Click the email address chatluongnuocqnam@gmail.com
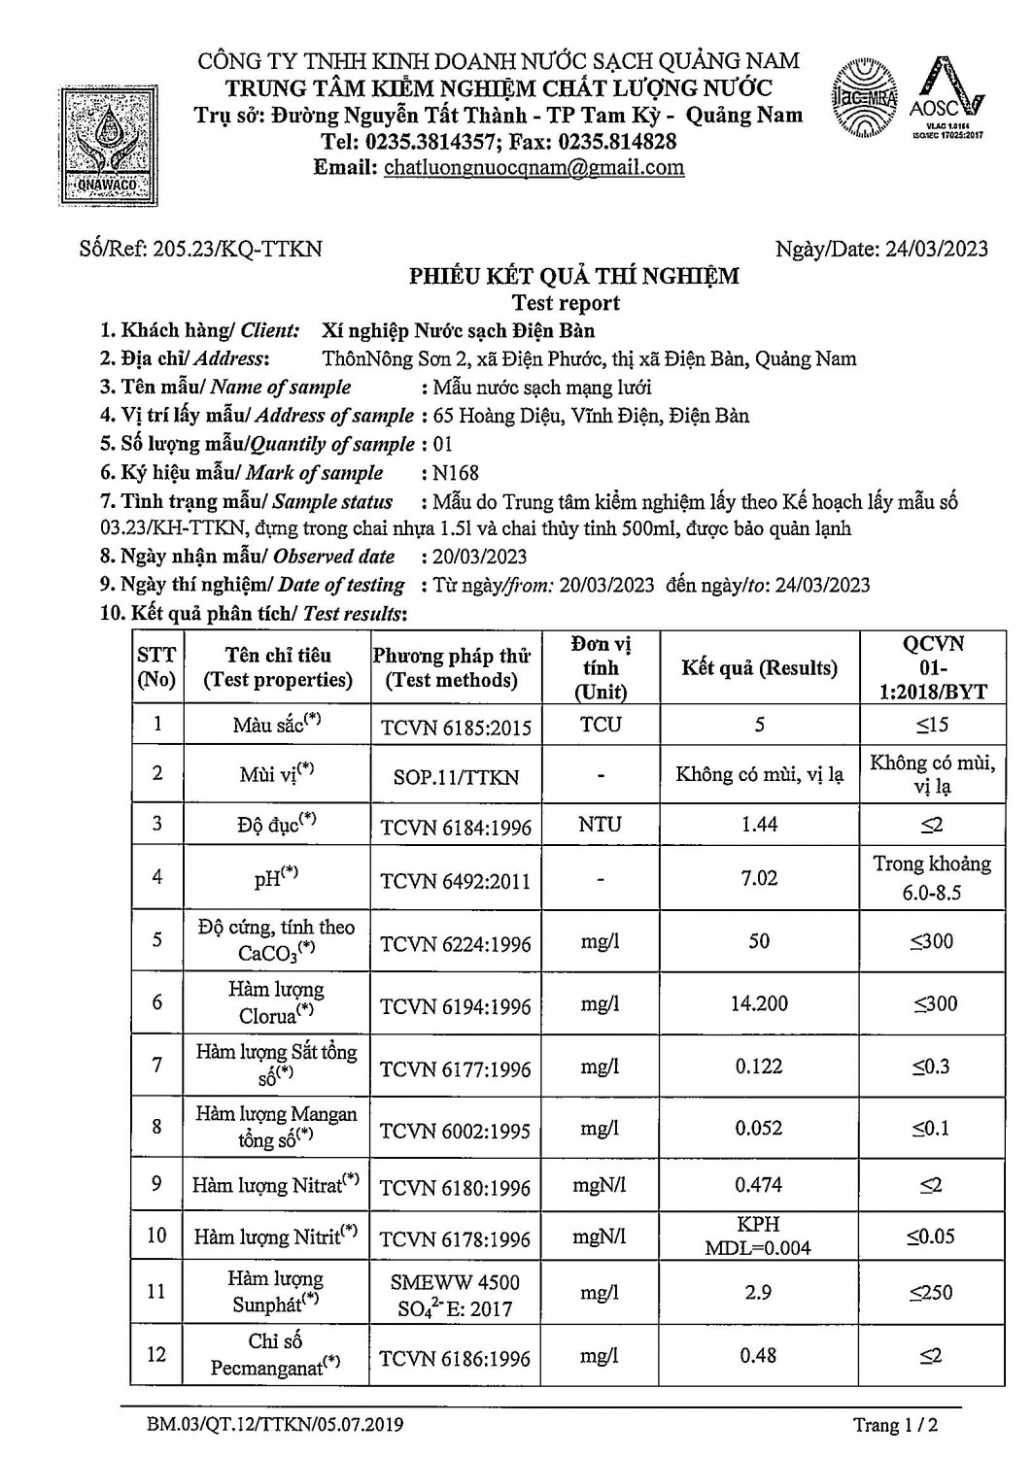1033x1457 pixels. (x=534, y=167)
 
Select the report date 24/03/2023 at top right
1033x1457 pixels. (x=936, y=249)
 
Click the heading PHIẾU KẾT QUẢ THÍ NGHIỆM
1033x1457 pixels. (x=573, y=276)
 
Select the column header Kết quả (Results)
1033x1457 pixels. (x=759, y=668)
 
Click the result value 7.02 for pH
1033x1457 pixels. (x=759, y=878)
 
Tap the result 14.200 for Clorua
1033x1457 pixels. (x=759, y=1003)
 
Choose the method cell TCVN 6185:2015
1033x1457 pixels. (x=456, y=727)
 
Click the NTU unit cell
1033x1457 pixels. (x=600, y=824)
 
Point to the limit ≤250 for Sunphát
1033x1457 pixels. (x=931, y=1293)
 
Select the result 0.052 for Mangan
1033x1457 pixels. (x=759, y=1129)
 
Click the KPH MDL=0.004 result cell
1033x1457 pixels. (x=758, y=1236)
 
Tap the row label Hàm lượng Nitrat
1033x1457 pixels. (x=275, y=1185)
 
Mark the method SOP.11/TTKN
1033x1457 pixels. (x=456, y=777)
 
